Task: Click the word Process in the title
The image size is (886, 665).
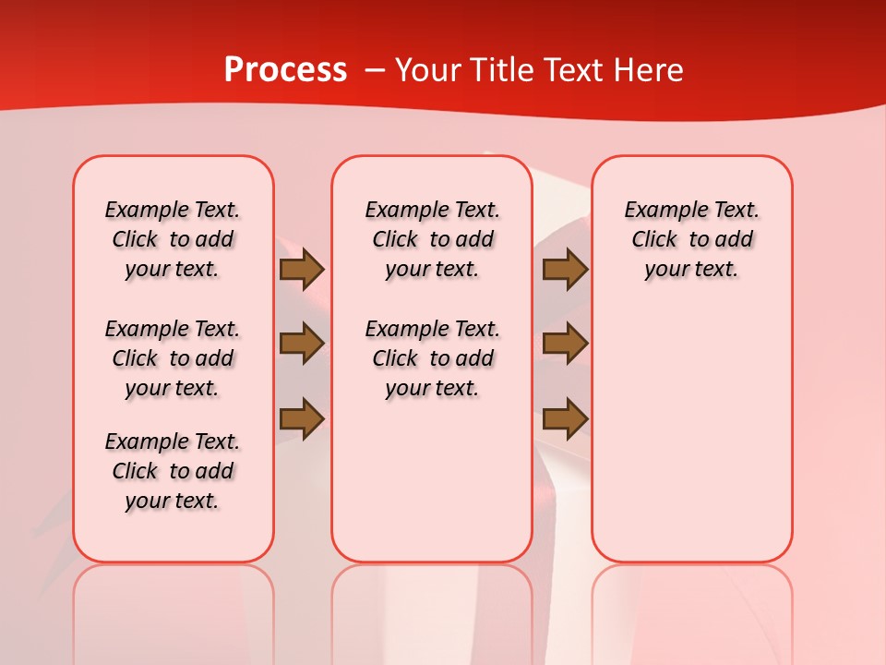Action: tap(285, 70)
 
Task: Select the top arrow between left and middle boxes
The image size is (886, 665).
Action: tap(302, 270)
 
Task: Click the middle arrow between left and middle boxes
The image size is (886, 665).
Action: tap(302, 344)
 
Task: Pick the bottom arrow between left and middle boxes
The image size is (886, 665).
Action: tap(302, 418)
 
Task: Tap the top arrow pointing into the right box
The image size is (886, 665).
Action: tap(565, 270)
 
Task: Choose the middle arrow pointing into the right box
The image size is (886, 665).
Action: tap(565, 344)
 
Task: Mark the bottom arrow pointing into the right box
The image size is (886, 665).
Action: tap(565, 418)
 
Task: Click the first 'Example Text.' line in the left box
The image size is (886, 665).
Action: tap(173, 210)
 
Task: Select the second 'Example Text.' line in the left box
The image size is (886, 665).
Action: tap(173, 329)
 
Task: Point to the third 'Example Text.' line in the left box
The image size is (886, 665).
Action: tap(173, 441)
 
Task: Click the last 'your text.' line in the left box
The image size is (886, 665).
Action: tap(173, 501)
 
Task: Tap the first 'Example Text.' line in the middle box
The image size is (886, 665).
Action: tap(432, 210)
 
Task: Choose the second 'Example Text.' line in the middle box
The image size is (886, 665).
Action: tap(432, 329)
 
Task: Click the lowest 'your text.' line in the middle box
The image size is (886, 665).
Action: tap(432, 388)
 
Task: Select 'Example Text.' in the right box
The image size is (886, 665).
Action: tap(692, 210)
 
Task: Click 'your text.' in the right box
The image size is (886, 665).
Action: tap(692, 269)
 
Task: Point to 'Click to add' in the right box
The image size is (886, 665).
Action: tap(692, 239)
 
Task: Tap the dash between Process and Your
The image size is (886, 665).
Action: tap(375, 71)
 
